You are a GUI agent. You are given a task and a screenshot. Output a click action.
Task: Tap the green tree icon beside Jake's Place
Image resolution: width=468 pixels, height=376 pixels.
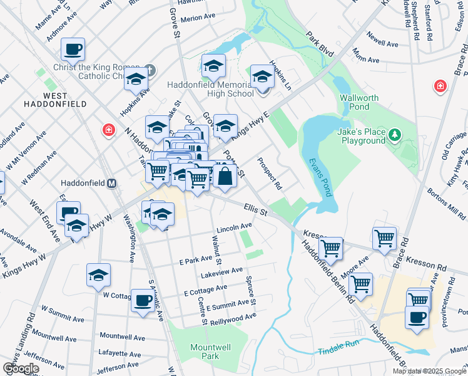click(395, 135)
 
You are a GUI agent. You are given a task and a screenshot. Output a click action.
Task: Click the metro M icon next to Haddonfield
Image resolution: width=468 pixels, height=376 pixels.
click(111, 184)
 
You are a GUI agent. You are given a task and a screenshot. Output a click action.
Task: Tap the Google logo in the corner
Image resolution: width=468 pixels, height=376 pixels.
click(21, 368)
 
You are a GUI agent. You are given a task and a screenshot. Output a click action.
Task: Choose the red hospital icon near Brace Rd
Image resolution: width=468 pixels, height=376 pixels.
click(440, 85)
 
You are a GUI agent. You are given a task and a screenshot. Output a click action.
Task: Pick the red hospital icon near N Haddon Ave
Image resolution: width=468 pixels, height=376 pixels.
click(109, 130)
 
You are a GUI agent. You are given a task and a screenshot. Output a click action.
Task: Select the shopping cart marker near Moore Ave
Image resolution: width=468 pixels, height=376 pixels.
click(361, 284)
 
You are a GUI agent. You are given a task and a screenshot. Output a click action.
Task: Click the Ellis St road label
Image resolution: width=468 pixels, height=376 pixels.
click(255, 209)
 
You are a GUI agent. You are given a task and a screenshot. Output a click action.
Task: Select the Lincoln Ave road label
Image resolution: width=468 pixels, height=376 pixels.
click(235, 227)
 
